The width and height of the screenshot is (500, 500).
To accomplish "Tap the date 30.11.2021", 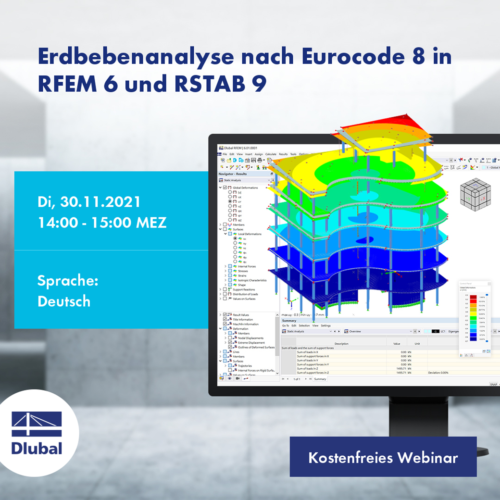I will (100, 202).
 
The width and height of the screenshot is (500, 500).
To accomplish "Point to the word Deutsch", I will (64, 301).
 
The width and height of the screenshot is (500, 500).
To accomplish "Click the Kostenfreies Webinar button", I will (383, 457).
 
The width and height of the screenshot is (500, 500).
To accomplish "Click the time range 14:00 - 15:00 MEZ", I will (102, 223).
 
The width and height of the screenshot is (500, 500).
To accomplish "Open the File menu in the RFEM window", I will (225, 154).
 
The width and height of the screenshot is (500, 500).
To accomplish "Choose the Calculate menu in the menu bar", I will (271, 154).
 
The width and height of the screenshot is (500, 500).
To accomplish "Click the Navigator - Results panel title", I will (233, 174).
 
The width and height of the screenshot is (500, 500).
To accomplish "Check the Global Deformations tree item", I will (245, 187).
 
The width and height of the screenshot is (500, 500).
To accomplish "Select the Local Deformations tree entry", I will (250, 234).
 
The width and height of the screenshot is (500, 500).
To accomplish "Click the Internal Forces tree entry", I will (247, 266).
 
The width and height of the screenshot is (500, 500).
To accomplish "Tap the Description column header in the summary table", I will (341, 344).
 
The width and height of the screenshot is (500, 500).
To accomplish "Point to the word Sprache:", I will (68, 281).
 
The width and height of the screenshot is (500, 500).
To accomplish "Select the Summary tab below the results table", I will (320, 379).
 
